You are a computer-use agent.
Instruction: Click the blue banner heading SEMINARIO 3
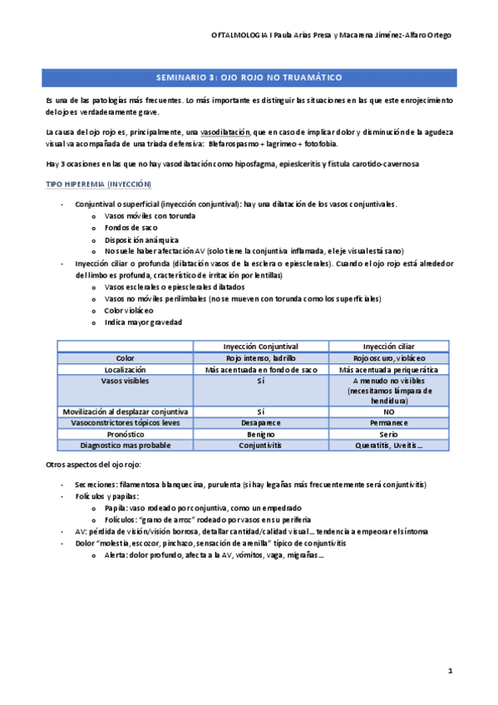point(251,77)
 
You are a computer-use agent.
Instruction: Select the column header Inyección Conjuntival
point(260,346)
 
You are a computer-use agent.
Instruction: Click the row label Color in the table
point(126,357)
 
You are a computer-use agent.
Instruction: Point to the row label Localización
point(126,369)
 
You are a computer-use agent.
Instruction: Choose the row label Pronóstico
point(126,434)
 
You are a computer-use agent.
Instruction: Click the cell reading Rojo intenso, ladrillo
point(260,357)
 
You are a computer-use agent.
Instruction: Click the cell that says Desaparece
point(260,422)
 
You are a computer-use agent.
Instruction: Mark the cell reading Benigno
point(260,434)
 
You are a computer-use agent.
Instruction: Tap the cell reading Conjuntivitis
point(260,445)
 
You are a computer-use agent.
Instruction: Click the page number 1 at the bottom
point(450,670)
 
